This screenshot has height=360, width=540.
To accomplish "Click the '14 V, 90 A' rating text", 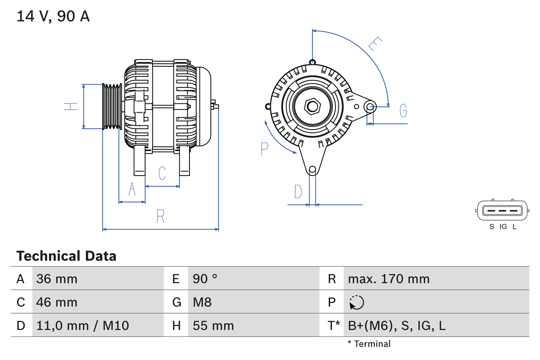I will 53,16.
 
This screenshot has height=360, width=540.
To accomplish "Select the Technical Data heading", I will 66,256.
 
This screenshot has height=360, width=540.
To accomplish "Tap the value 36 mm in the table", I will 57,279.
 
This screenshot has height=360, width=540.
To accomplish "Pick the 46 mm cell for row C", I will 57,302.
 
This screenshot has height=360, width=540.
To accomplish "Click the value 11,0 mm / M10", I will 83,325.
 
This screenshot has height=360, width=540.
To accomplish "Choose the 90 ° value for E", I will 205,279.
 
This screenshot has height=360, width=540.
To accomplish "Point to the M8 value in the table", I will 202,302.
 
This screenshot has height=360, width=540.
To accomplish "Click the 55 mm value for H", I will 213,325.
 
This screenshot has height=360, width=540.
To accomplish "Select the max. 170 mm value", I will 389,279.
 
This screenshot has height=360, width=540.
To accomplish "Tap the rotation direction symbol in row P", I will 356,302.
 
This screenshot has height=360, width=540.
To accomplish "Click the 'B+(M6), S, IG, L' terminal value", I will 397,325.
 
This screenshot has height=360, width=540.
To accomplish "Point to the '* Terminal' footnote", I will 369,344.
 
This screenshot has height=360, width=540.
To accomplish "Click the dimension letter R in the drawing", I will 160,216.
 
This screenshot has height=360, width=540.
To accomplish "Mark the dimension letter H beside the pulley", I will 71,106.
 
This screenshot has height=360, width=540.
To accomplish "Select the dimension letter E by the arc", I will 375,44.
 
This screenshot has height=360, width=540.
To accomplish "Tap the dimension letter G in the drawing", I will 403,111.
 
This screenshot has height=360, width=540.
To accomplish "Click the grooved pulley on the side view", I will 112,106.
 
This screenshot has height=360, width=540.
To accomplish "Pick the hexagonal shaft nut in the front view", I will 312,106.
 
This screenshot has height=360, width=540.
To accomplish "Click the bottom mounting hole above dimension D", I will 312,170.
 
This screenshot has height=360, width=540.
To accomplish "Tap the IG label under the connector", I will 503,227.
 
